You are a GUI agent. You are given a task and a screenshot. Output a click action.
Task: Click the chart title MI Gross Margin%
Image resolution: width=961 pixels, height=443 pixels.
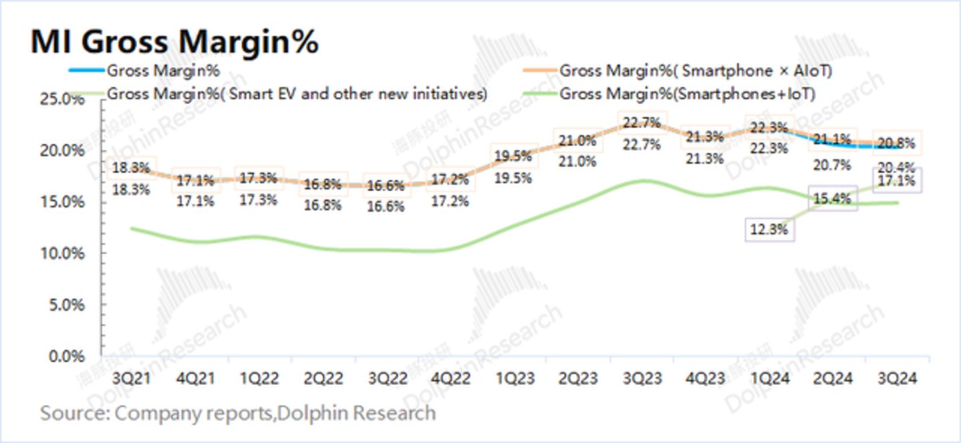(174, 42)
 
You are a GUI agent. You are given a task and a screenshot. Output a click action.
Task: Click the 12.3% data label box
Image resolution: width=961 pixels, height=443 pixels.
(769, 229)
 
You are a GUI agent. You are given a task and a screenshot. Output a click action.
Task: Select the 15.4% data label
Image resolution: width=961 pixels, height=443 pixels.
(832, 198)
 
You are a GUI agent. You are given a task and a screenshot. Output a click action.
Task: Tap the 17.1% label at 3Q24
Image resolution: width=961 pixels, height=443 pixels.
(897, 180)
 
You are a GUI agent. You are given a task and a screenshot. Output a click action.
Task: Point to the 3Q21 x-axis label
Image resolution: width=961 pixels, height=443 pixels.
(134, 378)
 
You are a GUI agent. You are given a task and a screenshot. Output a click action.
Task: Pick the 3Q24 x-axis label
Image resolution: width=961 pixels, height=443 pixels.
(897, 378)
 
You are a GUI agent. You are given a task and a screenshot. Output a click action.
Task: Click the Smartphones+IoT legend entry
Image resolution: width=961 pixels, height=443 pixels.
(688, 94)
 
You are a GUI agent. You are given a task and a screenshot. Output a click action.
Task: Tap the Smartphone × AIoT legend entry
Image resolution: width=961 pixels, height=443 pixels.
(696, 70)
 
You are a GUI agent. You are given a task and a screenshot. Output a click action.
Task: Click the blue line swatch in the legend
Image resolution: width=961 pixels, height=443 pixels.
(86, 70)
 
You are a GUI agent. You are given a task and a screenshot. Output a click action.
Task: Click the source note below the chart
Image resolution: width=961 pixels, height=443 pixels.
(238, 412)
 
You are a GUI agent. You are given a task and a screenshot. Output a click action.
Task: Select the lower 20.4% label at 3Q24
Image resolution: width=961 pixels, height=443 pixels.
(897, 167)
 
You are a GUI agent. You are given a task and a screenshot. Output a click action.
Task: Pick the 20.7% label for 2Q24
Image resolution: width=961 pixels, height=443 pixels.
(832, 164)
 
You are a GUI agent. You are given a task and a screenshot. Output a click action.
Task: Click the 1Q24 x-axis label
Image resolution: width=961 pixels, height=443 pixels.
(769, 378)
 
